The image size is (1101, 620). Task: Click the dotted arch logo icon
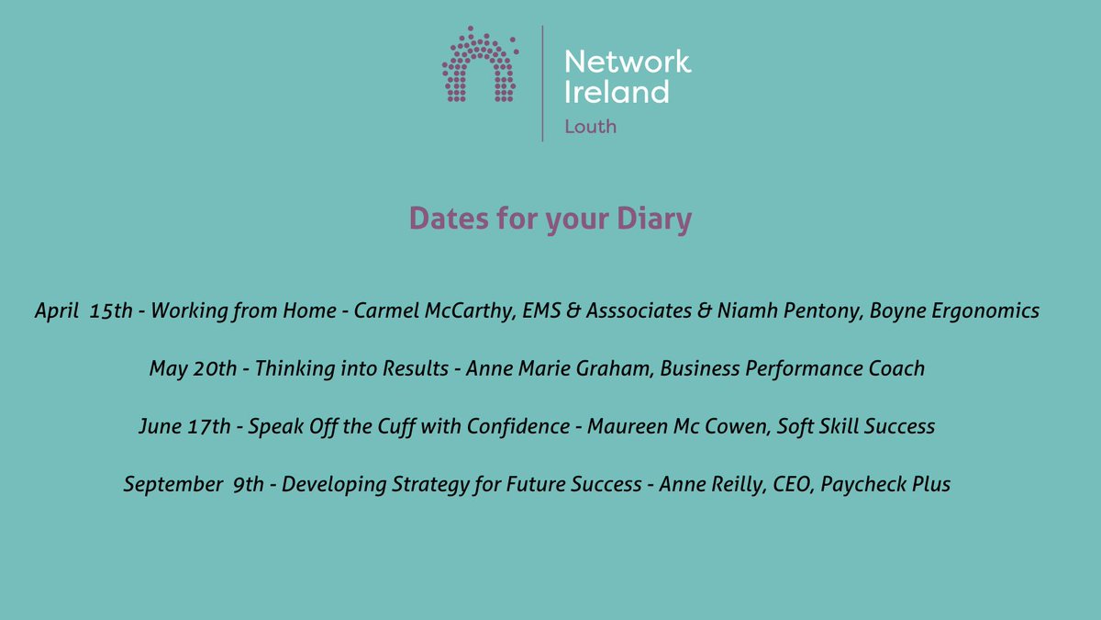click(x=479, y=64)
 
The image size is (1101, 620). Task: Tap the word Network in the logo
click(x=628, y=62)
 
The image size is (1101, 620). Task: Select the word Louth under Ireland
click(x=590, y=127)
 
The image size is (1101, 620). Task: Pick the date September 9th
click(x=195, y=484)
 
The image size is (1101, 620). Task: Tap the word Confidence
click(x=524, y=426)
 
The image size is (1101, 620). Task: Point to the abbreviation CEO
click(x=786, y=484)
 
